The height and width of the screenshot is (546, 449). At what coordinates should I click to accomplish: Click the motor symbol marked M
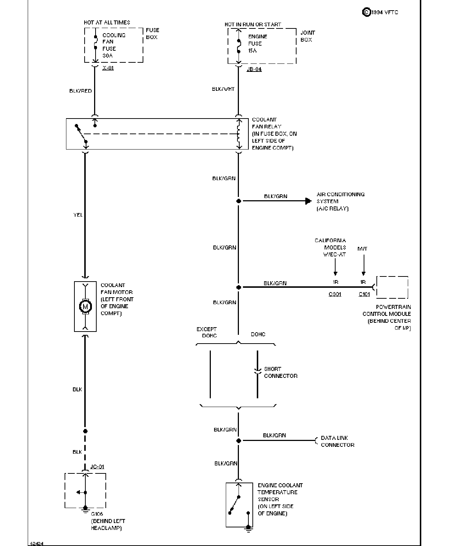coord(85,306)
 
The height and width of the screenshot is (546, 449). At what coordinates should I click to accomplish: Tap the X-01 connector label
coord(108,68)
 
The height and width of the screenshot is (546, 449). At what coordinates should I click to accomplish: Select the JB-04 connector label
coord(254,69)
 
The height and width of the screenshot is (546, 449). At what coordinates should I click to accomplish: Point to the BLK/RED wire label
coord(81,91)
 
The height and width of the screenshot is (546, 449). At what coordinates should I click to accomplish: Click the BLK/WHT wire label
coord(223,89)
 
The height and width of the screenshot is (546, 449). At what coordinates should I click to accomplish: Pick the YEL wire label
coord(78,215)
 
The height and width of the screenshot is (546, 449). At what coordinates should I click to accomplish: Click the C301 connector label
coord(335,294)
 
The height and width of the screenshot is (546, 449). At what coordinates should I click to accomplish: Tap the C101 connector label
coord(364,294)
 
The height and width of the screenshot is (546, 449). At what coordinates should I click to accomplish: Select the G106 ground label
coord(97,514)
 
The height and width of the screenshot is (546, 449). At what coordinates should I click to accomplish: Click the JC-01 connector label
coord(97,466)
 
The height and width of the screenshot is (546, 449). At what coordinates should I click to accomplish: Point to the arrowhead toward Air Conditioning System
coord(309,201)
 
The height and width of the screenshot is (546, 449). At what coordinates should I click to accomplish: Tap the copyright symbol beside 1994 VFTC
coord(367,12)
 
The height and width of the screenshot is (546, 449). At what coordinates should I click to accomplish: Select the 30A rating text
coord(108,56)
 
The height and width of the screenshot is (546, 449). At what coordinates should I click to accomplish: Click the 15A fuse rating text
coord(252,51)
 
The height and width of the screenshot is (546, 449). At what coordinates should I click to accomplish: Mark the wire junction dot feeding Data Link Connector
coord(239,441)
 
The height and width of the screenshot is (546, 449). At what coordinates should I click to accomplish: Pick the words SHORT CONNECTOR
coord(281,372)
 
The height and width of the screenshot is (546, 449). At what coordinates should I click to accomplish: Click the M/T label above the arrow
coord(362,249)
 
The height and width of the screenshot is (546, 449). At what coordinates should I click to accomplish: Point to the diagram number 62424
coord(37,543)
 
